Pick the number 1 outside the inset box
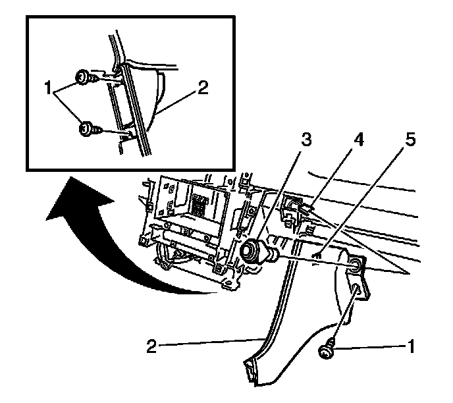pos(412,345)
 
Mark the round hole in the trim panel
pos(356,265)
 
